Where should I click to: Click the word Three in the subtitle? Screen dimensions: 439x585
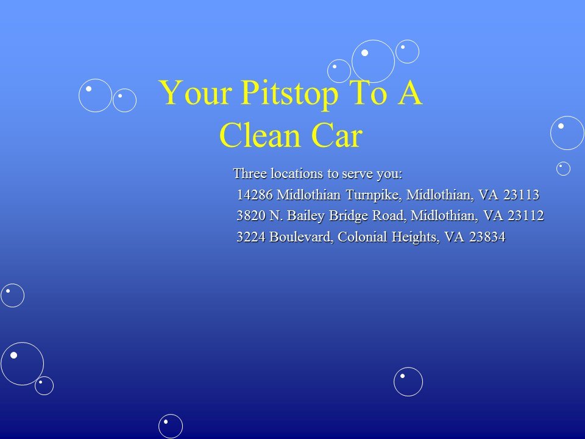coord(250,174)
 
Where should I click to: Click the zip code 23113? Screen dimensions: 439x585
coord(520,195)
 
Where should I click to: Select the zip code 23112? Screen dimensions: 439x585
coord(525,216)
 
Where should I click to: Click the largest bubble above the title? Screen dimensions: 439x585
coord(373,61)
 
